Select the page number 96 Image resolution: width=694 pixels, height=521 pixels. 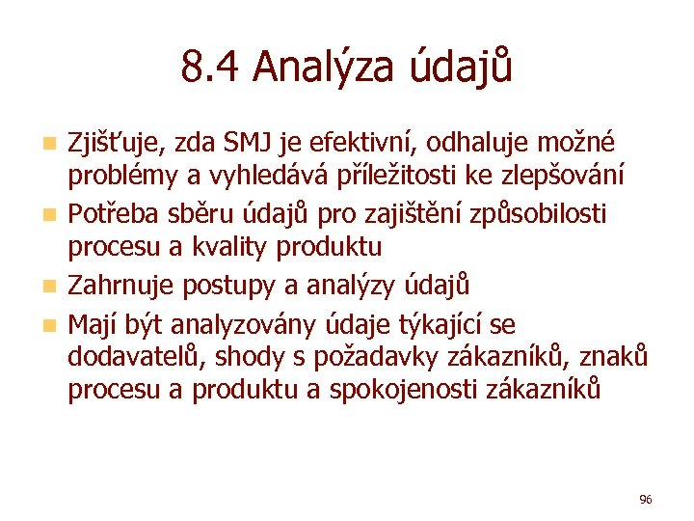coord(646,499)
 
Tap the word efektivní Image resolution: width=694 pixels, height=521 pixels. coord(357,143)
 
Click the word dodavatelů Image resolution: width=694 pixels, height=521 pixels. coord(136,356)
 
